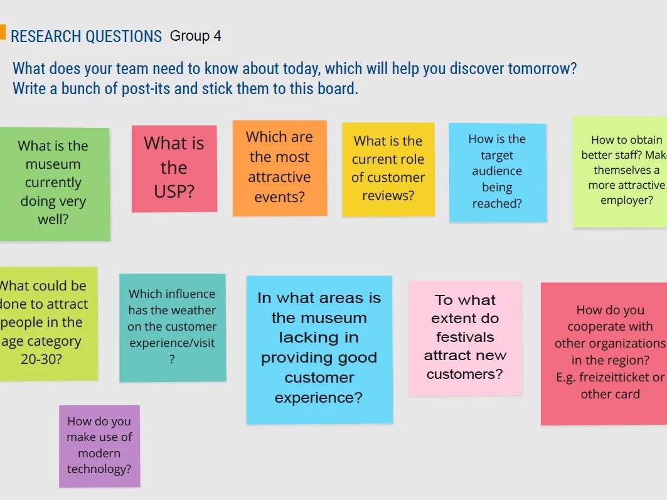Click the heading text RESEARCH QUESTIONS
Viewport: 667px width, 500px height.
87,36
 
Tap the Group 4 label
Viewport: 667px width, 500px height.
196,36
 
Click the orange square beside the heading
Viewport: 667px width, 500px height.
2,32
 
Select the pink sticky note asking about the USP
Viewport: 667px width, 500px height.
174,168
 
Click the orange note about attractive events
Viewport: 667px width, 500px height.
280,168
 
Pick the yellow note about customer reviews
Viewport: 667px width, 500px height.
388,169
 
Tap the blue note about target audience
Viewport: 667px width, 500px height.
498,172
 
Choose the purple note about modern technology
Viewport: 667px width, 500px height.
100,446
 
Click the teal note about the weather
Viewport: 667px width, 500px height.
173,327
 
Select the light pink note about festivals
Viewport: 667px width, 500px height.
466,338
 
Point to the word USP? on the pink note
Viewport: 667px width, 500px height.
174,192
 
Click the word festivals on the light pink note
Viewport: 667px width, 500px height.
466,337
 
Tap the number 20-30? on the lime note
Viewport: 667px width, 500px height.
41,359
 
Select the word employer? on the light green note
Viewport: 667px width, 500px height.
627,200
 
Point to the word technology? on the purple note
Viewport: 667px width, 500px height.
99,469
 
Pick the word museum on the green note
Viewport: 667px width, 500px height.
53,164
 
